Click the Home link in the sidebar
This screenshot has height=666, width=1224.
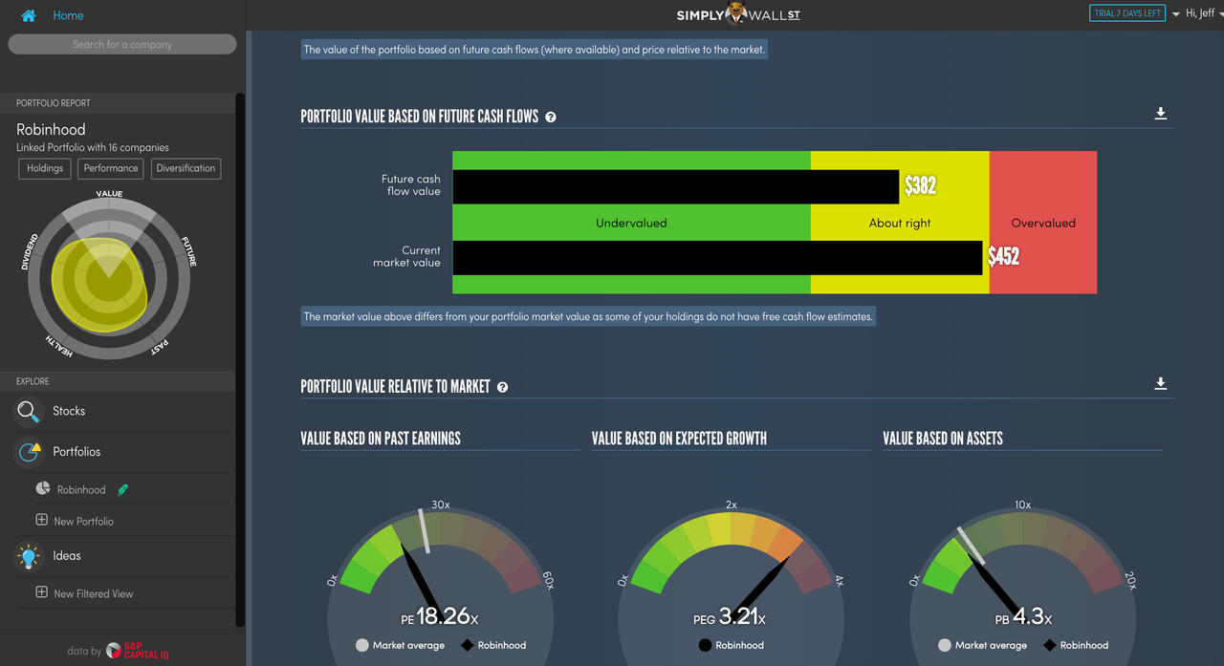point(67,15)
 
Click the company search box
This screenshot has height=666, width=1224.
point(122,44)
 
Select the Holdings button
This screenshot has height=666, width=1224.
point(45,168)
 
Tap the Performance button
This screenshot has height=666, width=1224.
point(111,168)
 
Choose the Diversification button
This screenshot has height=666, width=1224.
point(186,168)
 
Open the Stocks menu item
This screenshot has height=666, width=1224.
point(69,411)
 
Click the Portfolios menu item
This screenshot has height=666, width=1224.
point(76,451)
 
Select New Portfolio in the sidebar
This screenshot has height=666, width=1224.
point(83,521)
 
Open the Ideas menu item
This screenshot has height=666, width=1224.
point(67,555)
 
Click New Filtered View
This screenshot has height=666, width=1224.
point(93,593)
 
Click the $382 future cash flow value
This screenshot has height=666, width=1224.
point(920,185)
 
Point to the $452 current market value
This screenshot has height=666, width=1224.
point(1003,256)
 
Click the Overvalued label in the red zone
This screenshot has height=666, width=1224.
point(1043,223)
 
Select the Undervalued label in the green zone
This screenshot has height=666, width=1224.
point(631,223)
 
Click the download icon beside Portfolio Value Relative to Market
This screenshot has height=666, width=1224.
point(1160,383)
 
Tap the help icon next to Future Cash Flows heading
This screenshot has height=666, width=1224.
point(551,117)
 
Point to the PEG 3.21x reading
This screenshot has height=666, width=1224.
point(729,617)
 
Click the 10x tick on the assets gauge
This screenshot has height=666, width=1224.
point(1022,505)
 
